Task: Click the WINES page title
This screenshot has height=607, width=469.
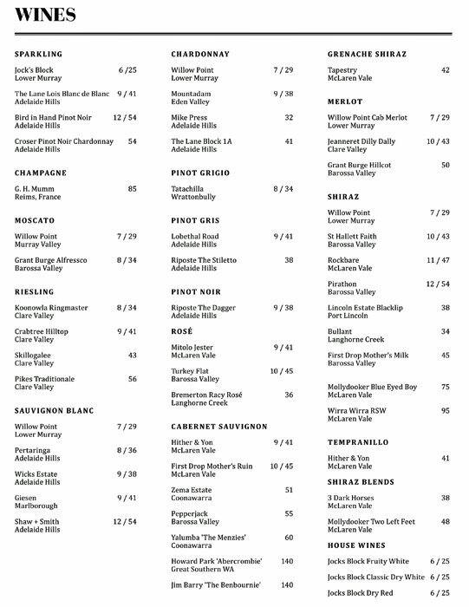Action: tap(44, 15)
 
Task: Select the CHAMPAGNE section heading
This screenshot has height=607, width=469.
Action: tap(41, 173)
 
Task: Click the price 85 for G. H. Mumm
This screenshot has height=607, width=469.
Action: tap(132, 187)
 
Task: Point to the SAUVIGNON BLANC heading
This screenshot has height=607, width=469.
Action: tap(55, 410)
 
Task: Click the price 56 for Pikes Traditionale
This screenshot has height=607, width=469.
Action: tap(132, 379)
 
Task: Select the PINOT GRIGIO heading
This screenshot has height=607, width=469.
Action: tap(200, 173)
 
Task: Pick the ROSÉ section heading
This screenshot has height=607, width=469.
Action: tap(183, 331)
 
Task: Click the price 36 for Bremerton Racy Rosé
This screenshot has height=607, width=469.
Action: tap(288, 395)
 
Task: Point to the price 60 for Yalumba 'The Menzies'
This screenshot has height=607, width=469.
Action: tap(288, 538)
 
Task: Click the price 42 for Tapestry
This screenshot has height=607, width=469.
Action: tap(445, 69)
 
